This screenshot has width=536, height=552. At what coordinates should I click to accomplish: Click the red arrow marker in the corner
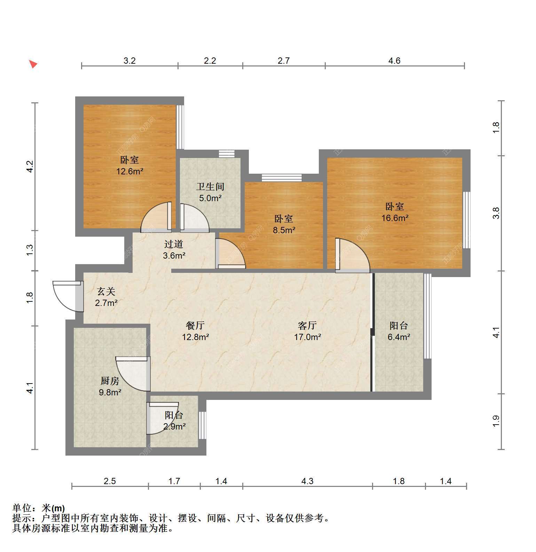[33, 64]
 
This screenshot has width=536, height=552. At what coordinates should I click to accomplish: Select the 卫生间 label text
[210, 187]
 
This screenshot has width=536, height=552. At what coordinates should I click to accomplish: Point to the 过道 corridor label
[174, 244]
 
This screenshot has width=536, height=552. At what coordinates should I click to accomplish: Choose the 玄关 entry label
[106, 291]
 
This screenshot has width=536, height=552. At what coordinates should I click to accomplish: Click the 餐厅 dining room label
[195, 325]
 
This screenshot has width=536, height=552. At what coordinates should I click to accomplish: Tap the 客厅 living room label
[307, 325]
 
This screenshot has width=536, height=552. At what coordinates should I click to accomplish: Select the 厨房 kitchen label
[110, 381]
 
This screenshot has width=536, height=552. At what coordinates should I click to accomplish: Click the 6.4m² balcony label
[399, 337]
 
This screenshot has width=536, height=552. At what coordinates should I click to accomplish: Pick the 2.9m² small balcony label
[174, 426]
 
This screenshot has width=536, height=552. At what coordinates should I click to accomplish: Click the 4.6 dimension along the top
[394, 61]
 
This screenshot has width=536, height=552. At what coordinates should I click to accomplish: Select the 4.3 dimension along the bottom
[307, 481]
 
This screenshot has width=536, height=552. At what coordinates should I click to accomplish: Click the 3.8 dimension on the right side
[496, 213]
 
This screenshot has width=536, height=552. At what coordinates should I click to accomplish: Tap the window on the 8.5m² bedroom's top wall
[282, 178]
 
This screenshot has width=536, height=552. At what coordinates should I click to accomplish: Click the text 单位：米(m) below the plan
[39, 508]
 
